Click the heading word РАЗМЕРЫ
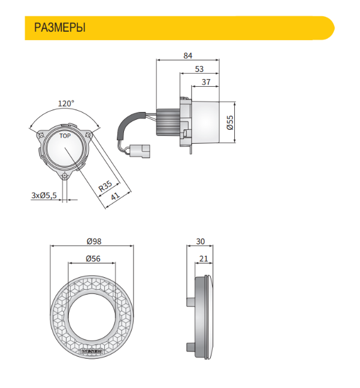tap(60, 28)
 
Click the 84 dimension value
tap(188, 56)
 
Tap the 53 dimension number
tap(199, 69)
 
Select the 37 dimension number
tap(206, 82)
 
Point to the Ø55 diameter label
tap(230, 123)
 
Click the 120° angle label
tap(66, 103)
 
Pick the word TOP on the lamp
tap(65, 136)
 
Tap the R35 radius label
tap(105, 186)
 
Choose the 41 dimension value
tap(116, 196)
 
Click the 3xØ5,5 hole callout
tap(44, 195)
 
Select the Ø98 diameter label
tap(94, 241)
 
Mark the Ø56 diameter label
tap(93, 259)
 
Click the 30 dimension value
tap(200, 241)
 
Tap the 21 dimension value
tap(204, 259)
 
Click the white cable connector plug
tap(140, 150)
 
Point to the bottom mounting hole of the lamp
tap(65, 175)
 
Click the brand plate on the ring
tap(93, 351)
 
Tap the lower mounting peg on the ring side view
tap(190, 347)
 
